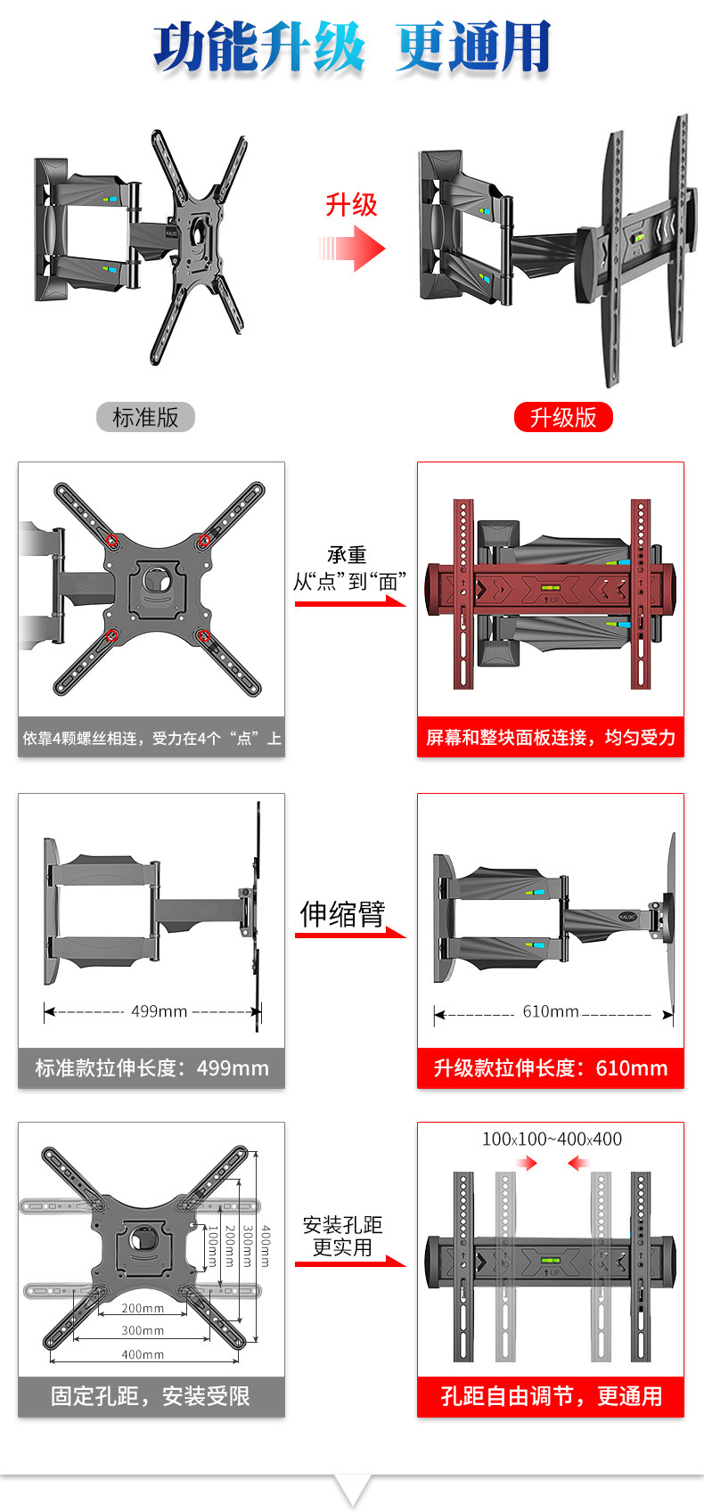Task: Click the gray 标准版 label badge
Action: (145, 417)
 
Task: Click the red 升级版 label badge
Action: (563, 417)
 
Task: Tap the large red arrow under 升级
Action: (353, 249)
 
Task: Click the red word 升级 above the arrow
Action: (351, 205)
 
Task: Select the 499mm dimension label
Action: (159, 1011)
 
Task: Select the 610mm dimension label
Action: (550, 1011)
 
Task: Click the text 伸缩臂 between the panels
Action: (342, 913)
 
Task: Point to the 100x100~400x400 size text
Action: (552, 1139)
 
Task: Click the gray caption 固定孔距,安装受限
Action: (151, 1396)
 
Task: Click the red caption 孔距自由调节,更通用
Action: (551, 1396)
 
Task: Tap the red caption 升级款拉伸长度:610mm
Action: (551, 1068)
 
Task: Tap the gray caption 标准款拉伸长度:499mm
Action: (151, 1068)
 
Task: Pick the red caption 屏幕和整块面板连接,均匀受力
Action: (551, 738)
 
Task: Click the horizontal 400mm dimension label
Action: (143, 1354)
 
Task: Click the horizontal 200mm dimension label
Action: (143, 1308)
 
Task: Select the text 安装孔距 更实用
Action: (342, 1236)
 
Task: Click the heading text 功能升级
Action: (259, 47)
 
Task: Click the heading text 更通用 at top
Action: (473, 47)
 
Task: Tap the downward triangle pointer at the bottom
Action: (353, 1490)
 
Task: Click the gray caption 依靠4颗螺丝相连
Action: (151, 738)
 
